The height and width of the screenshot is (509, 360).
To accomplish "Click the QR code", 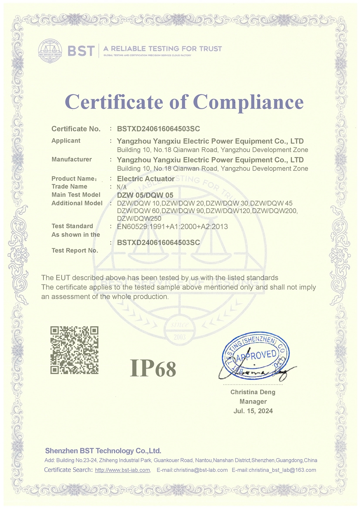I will tap(74, 350).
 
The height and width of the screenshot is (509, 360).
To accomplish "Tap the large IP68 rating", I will tap(153, 368).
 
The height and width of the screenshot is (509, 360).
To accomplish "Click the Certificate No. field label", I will tap(76, 129).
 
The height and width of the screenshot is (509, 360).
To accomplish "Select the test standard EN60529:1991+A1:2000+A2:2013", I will tap(172, 227).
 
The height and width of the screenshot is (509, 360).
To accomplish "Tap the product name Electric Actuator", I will tap(146, 179).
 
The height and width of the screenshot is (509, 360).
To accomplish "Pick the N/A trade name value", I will tap(122, 187).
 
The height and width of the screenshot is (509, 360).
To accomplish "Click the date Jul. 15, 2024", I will tap(253, 411).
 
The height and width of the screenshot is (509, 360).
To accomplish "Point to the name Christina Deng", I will tap(253, 392).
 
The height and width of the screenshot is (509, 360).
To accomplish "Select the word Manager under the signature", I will tap(253, 401).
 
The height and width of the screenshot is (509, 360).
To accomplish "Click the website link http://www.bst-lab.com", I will tap(122, 470).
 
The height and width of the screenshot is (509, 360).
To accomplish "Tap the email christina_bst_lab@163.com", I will tap(282, 470).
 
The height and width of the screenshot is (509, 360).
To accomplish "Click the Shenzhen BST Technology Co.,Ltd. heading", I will tap(103, 451).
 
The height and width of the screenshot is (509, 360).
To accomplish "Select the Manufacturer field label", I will tap(72, 159).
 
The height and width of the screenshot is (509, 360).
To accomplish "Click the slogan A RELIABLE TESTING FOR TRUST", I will tap(162, 49).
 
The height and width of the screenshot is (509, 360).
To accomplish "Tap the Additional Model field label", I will tap(77, 203).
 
